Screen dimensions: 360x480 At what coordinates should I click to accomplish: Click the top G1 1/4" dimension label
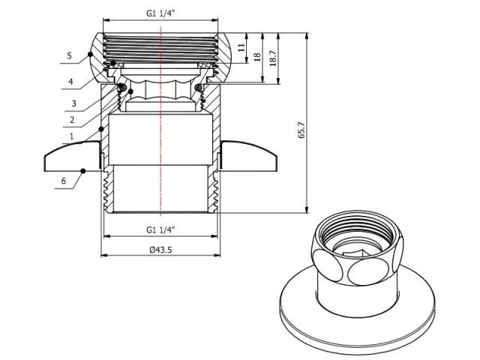pos(161,12)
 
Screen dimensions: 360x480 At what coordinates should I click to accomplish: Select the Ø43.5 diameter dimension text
pos(161,250)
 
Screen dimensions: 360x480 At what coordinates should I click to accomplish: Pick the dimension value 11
pos(241,46)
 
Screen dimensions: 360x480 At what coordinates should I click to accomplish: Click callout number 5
pos(68,55)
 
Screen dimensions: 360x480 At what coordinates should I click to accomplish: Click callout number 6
pos(64,181)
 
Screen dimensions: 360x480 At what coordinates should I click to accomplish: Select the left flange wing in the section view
pos(71,158)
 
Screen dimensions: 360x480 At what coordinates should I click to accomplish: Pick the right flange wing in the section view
pos(251,158)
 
